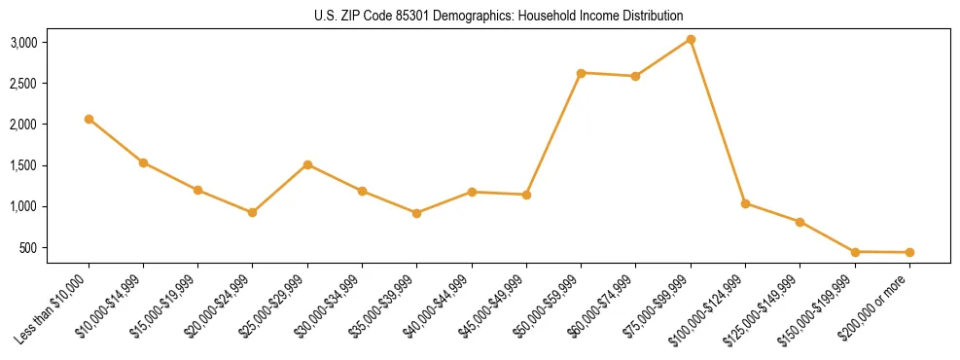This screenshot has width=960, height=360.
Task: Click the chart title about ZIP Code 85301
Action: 499,17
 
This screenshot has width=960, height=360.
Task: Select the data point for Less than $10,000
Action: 89,119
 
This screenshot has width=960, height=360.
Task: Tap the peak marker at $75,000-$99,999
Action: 691,39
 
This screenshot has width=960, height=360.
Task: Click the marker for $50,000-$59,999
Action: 581,73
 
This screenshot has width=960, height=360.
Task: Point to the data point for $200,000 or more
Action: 909,253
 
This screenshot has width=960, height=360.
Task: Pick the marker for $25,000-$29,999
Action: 307,164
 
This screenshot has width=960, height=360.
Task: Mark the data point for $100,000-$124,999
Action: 745,203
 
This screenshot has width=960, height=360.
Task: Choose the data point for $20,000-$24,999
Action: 253,212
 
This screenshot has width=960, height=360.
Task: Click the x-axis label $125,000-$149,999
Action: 761,314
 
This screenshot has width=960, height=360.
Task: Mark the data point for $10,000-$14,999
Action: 143,162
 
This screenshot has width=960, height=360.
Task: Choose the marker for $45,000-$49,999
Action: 526,195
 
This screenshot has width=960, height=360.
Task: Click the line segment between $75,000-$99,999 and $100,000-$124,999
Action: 718,121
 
